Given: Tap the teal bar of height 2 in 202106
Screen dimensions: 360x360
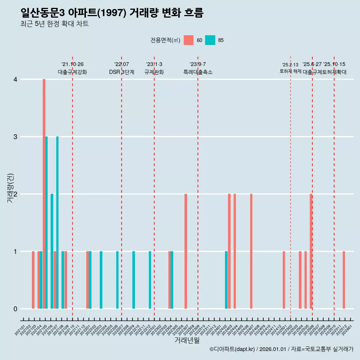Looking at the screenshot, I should (x=52, y=251).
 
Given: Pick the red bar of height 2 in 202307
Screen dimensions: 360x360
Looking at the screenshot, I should (x=186, y=251).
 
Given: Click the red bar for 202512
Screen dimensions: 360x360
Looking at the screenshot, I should (x=344, y=280).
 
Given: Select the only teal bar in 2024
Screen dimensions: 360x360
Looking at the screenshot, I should (x=226, y=280).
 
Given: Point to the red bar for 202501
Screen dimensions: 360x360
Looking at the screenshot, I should (x=284, y=280).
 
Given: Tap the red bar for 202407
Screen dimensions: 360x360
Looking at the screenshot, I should (x=251, y=251).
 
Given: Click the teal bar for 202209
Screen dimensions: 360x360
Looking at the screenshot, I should (x=133, y=280).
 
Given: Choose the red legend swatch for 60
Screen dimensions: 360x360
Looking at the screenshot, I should (x=189, y=40).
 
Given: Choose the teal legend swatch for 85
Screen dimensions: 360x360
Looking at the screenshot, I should (x=210, y=40).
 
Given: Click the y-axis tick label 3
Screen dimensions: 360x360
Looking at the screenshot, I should (x=15, y=137).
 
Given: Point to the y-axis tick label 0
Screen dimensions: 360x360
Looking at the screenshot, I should (x=15, y=309).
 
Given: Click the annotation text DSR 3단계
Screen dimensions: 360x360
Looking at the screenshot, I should (x=121, y=72).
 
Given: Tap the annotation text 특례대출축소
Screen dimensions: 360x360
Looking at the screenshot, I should (x=198, y=72).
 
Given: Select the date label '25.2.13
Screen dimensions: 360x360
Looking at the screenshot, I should (x=290, y=65).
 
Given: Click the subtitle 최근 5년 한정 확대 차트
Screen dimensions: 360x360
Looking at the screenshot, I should (x=55, y=24).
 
